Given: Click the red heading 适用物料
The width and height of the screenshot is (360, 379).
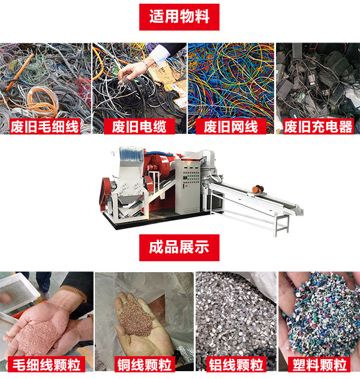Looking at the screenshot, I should click(179, 16).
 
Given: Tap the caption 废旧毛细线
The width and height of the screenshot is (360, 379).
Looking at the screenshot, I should click(45, 127).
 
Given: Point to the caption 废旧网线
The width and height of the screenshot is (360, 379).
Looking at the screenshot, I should click(230, 127).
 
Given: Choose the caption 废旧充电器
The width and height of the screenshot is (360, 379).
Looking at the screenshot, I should click(318, 127).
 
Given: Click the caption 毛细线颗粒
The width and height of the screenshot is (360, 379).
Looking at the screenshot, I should click(46, 364).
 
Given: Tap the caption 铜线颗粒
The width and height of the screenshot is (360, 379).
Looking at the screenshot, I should click(143, 364).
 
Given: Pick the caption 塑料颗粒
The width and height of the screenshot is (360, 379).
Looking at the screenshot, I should click(319, 364).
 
